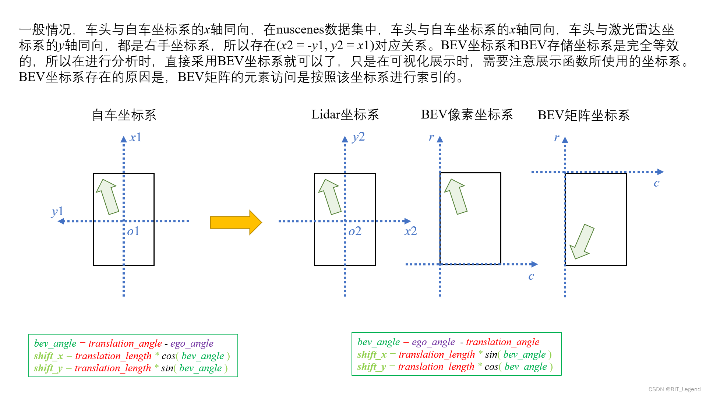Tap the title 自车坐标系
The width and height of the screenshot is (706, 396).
(124, 115)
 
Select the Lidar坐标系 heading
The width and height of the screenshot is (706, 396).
(345, 115)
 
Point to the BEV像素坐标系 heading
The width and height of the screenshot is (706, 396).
(467, 115)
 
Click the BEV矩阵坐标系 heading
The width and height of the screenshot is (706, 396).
(583, 115)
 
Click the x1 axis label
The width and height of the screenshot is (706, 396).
(135, 138)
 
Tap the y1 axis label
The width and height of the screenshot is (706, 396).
(57, 212)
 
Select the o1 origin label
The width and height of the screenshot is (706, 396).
(133, 231)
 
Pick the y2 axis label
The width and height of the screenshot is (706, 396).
(358, 137)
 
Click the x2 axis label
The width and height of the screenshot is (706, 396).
(410, 231)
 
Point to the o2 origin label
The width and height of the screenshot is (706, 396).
(355, 231)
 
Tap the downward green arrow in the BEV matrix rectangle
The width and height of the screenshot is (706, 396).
(582, 241)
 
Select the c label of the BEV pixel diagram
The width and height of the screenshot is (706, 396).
(531, 276)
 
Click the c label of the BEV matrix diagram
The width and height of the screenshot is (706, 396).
(656, 183)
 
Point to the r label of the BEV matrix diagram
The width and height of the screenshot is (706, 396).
(557, 138)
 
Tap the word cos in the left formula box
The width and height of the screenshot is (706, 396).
(168, 356)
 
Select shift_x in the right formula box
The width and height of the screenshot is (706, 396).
(372, 354)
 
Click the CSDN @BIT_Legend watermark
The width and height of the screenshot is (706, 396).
(674, 389)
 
